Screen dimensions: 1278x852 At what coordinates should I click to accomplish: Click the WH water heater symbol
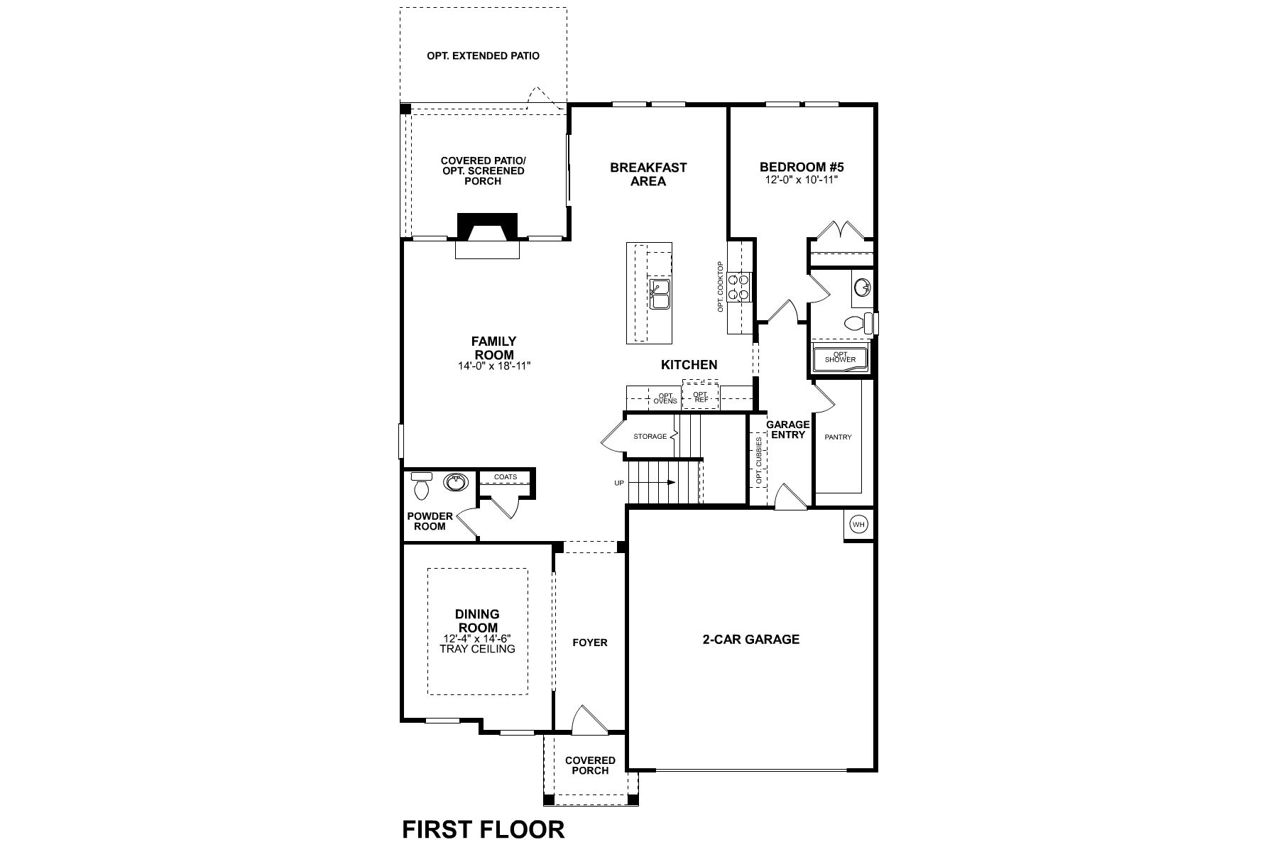click(859, 525)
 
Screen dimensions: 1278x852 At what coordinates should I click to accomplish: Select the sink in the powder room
click(455, 483)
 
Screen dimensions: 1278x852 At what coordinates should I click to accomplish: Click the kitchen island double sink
click(660, 294)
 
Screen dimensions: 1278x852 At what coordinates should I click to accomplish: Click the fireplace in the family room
click(488, 237)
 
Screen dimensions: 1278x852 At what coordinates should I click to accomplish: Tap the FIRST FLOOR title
click(484, 829)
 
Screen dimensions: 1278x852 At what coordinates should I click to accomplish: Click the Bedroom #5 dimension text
click(802, 180)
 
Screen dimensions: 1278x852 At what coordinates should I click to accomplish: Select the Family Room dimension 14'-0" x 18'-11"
click(495, 366)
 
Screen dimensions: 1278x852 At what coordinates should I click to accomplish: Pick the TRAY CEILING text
click(477, 648)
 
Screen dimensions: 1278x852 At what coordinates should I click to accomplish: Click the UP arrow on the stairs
click(651, 483)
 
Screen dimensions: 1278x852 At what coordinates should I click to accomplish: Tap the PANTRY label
click(838, 437)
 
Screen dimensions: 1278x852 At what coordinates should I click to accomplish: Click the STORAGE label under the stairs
click(650, 436)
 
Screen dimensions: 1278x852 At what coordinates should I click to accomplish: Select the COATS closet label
click(506, 477)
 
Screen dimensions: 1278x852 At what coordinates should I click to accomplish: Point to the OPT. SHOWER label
click(841, 357)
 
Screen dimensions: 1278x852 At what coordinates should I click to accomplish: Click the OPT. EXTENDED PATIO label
click(483, 55)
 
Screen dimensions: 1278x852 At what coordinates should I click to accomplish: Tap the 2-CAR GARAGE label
click(751, 639)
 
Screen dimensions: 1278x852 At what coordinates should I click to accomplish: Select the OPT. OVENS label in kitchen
click(665, 398)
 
